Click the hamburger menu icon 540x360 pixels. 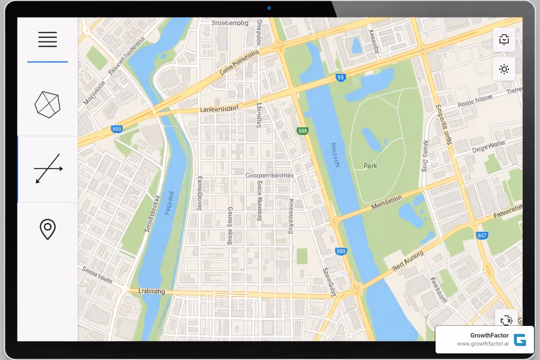tap(47, 39)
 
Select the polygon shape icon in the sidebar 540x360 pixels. tap(47, 104)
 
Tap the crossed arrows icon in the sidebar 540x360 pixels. tap(48, 169)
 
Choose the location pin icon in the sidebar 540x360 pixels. tap(47, 229)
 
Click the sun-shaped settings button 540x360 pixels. tap(504, 69)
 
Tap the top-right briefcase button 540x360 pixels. tap(504, 39)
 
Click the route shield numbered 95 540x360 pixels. tap(340, 77)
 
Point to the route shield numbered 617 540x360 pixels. tap(482, 235)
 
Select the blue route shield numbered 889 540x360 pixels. tap(341, 251)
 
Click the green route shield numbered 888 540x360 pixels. tap(302, 131)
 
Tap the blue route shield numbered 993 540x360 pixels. tap(116, 129)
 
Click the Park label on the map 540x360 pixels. tap(370, 166)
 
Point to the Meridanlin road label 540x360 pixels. tap(386, 202)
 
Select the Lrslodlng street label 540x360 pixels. tap(152, 291)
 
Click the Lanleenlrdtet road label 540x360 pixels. tap(219, 109)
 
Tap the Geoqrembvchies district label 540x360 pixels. tap(269, 175)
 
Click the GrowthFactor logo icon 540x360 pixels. tap(520, 340)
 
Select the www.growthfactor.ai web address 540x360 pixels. tap(482, 344)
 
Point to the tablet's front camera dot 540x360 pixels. tap(269, 8)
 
